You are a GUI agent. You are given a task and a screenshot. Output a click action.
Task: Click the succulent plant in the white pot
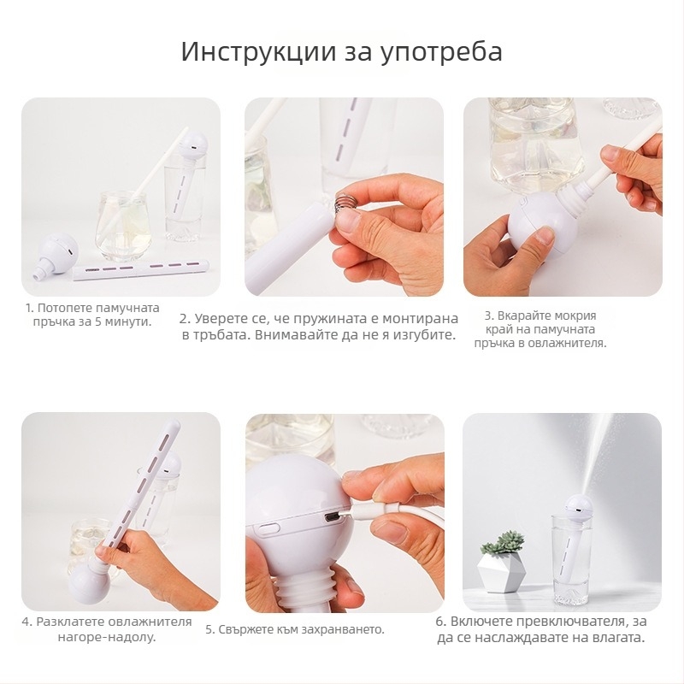pyautogui.click(x=503, y=543)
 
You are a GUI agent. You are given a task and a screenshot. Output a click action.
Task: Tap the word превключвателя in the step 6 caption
pyautogui.click(x=565, y=622)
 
